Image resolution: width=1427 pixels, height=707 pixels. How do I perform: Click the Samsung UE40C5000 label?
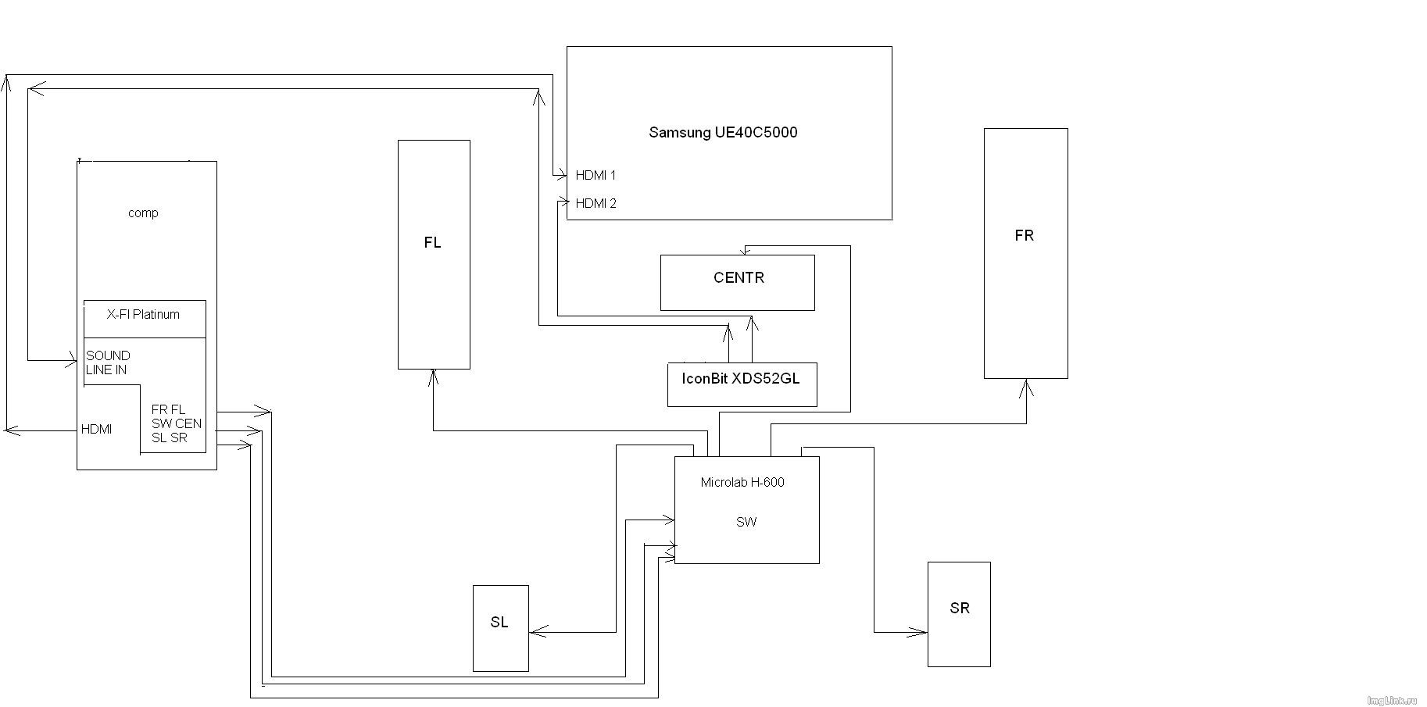pos(723,132)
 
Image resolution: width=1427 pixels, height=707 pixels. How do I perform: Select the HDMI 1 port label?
pos(595,175)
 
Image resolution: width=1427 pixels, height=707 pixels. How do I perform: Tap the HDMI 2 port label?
pos(595,203)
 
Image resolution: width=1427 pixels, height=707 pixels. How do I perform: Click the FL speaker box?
pos(434,254)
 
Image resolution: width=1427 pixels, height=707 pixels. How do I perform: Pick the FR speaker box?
pos(1025,253)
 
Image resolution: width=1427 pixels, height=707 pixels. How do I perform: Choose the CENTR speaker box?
pos(738,282)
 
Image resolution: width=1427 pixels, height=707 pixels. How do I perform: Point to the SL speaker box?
pos(500,627)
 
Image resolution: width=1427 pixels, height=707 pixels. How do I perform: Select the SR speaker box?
pos(959,613)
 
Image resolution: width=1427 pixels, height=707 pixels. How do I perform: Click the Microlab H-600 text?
pos(742,482)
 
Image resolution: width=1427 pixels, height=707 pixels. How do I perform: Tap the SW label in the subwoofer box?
pos(746,522)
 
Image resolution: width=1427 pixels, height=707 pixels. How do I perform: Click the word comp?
pos(143,212)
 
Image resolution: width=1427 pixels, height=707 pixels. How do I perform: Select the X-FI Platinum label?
pos(143,314)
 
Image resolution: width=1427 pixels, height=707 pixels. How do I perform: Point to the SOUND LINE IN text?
pos(108,362)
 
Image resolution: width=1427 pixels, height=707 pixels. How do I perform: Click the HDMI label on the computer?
pos(96,429)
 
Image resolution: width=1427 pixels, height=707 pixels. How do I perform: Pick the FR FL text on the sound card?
pos(169,409)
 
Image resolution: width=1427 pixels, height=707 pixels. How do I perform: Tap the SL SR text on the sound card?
pos(170,437)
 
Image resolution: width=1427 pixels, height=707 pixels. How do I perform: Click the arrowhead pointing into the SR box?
pos(920,632)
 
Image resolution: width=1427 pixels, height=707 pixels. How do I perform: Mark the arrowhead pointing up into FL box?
pos(433,377)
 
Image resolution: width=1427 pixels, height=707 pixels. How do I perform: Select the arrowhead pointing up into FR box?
pos(1026,386)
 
